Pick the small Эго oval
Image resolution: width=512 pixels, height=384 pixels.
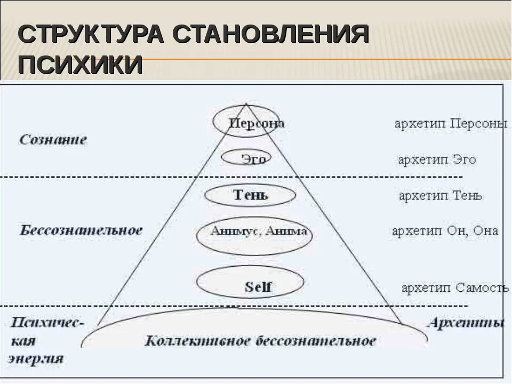[x=247, y=158]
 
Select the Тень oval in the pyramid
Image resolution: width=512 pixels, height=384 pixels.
[x=250, y=195]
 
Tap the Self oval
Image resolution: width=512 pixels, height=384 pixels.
[x=251, y=286]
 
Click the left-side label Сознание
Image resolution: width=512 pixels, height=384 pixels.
[x=53, y=140]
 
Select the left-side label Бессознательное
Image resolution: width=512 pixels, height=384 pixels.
[x=81, y=230]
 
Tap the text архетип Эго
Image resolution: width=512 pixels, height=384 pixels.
[x=437, y=159]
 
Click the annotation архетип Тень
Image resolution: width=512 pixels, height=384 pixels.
[x=441, y=196]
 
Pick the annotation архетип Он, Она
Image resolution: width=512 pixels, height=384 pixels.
[x=445, y=231]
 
